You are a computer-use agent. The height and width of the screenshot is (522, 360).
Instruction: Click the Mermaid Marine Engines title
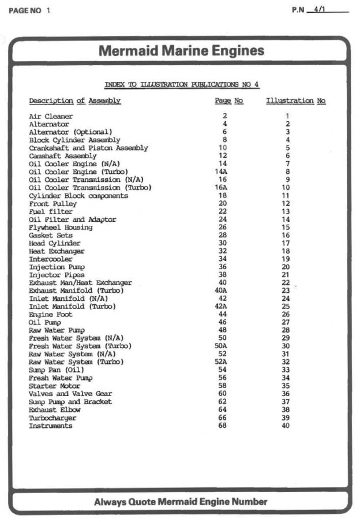pyautogui.click(x=181, y=51)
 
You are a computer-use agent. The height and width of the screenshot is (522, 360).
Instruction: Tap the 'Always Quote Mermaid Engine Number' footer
pyautogui.click(x=181, y=502)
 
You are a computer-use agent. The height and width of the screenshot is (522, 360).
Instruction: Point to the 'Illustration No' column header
pyautogui.click(x=295, y=102)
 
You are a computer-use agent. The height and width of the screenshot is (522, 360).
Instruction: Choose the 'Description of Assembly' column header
pyautogui.click(x=75, y=102)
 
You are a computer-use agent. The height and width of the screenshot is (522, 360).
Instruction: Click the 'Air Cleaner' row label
pyautogui.click(x=51, y=117)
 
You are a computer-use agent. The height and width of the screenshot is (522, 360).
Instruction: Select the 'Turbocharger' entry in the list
pyautogui.click(x=52, y=418)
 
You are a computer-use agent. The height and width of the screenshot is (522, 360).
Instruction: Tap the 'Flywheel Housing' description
pyautogui.click(x=61, y=228)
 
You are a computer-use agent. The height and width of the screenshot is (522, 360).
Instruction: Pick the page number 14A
pyautogui.click(x=221, y=172)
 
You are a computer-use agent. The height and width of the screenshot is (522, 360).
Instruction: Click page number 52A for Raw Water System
pyautogui.click(x=221, y=362)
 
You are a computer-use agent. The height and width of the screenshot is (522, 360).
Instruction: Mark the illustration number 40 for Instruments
pyautogui.click(x=286, y=426)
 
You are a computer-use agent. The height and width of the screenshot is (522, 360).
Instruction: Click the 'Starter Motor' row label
pyautogui.click(x=55, y=386)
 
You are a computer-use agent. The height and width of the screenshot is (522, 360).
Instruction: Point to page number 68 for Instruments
pyautogui.click(x=223, y=426)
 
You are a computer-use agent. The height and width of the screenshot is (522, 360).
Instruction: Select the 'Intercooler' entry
pyautogui.click(x=51, y=259)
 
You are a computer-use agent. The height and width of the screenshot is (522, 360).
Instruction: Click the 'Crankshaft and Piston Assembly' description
pyautogui.click(x=88, y=148)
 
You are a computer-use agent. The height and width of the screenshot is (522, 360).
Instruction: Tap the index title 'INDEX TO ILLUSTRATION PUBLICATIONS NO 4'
pyautogui.click(x=182, y=85)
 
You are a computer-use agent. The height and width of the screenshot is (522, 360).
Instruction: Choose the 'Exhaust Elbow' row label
pyautogui.click(x=55, y=410)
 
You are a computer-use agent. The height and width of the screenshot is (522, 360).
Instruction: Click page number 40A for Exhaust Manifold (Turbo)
pyautogui.click(x=221, y=291)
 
